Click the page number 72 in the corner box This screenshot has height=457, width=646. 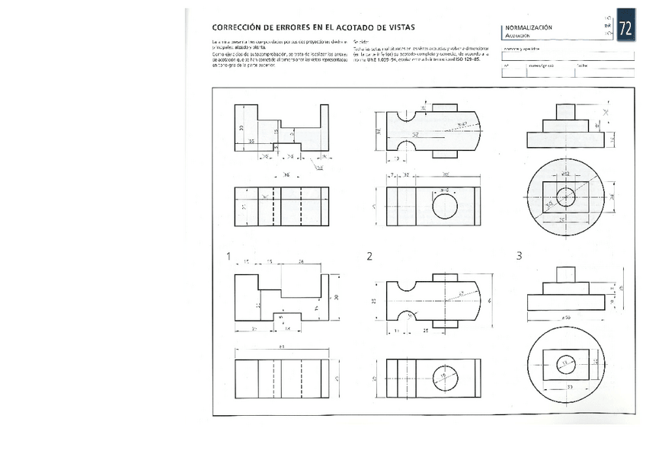pyautogui.click(x=625, y=29)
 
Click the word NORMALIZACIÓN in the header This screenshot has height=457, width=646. pyautogui.click(x=529, y=27)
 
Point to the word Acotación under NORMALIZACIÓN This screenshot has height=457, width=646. pyautogui.click(x=516, y=35)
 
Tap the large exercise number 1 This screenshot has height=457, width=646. pyautogui.click(x=227, y=257)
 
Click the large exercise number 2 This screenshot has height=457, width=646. pyautogui.click(x=369, y=257)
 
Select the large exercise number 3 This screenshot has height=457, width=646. pyautogui.click(x=519, y=257)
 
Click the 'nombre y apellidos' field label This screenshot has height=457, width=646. pyautogui.click(x=521, y=49)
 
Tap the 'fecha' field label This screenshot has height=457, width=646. pyautogui.click(x=582, y=66)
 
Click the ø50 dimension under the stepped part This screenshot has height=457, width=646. pyautogui.click(x=564, y=315)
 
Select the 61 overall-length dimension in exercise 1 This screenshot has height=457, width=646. pyautogui.click(x=281, y=348)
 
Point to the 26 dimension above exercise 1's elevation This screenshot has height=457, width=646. pyautogui.click(x=302, y=262)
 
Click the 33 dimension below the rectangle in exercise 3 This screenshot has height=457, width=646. pyautogui.click(x=570, y=387)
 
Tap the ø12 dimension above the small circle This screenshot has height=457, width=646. pyautogui.click(x=565, y=175)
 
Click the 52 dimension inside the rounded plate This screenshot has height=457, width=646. pyautogui.click(x=416, y=135)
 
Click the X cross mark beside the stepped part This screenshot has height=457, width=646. pyautogui.click(x=606, y=113)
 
